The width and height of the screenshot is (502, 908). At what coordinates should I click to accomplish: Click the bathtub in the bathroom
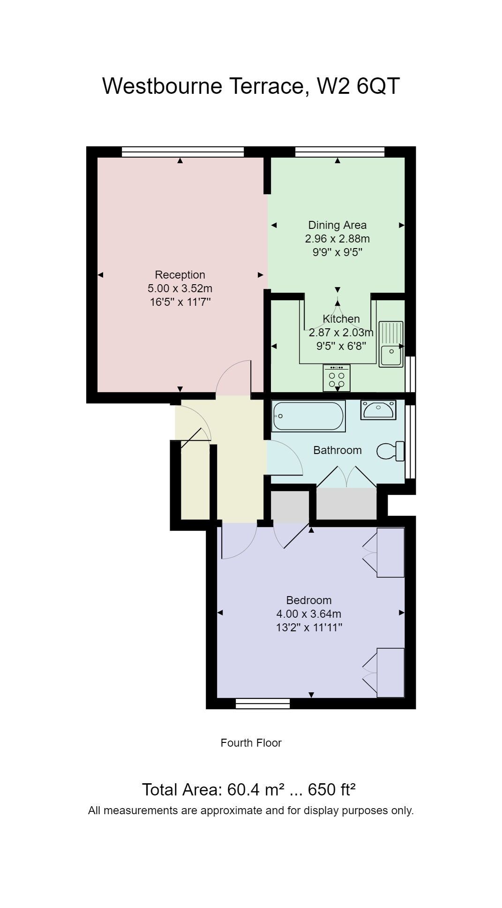point(309,416)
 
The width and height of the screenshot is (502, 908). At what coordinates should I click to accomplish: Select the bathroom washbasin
point(378,410)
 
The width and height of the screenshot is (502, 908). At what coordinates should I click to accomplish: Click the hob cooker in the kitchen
point(337,378)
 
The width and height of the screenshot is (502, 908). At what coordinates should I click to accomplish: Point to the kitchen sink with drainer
point(391,344)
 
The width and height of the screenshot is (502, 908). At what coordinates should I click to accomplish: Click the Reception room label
point(180,275)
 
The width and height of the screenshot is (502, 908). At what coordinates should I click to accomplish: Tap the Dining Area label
point(337,225)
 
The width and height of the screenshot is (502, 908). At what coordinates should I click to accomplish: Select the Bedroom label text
point(309,600)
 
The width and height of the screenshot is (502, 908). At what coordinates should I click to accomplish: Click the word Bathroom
point(337,450)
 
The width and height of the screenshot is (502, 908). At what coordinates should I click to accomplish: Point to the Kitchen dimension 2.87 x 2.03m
point(341,333)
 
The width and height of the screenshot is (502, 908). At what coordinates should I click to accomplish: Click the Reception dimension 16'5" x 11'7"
point(180,302)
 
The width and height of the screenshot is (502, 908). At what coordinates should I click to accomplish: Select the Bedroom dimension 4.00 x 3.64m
point(309,613)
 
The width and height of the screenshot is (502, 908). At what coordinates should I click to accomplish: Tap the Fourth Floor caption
point(251,743)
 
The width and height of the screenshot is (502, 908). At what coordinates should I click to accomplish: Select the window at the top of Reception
point(183,151)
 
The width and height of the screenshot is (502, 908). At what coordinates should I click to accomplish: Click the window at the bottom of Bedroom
point(262,703)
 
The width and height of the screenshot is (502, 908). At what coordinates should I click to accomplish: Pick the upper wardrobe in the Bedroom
point(390,552)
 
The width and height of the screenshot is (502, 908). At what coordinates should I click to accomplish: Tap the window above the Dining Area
point(340,151)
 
